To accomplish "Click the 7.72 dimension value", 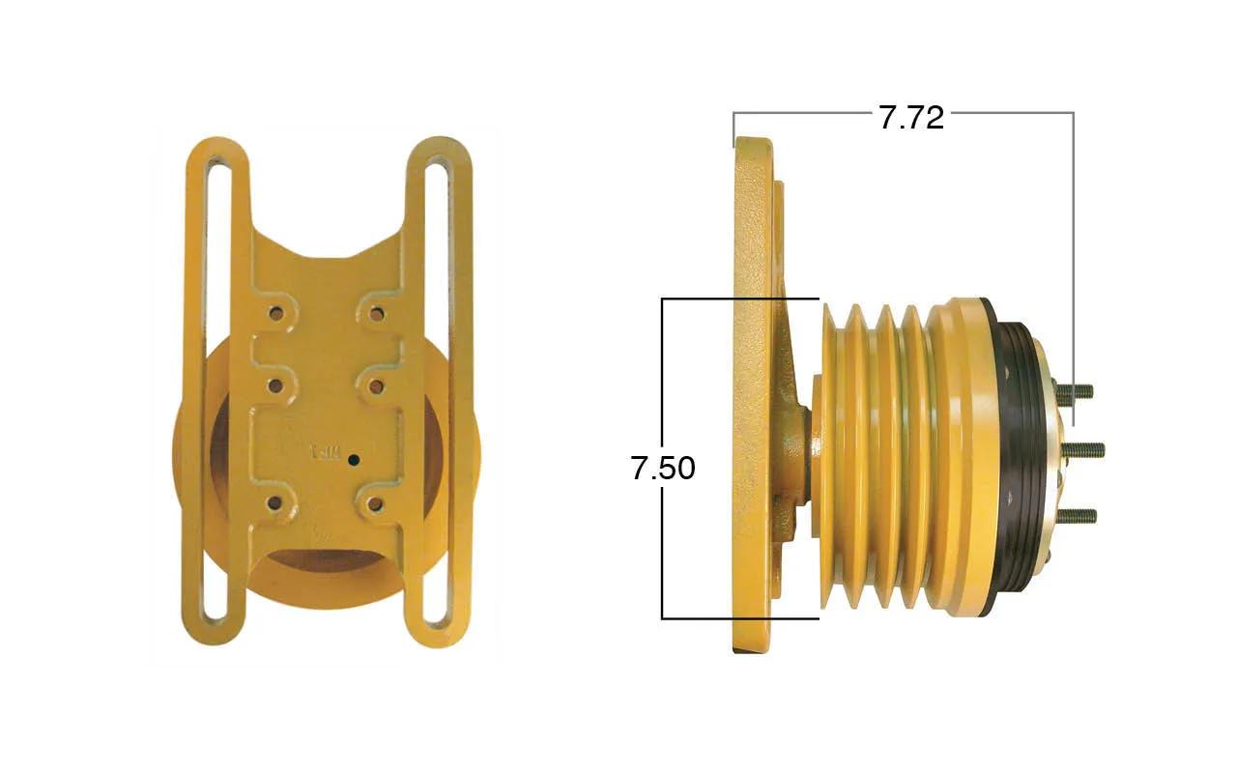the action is [x=911, y=118].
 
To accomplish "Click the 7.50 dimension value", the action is [x=663, y=469].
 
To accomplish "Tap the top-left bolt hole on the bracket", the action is [x=275, y=315].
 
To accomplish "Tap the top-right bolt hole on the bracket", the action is [x=376, y=315].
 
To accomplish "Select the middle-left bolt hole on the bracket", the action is [x=275, y=386].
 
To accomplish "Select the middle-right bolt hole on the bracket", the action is [x=376, y=386].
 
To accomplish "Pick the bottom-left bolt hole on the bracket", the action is [x=274, y=503].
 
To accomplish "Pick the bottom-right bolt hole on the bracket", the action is [x=375, y=503].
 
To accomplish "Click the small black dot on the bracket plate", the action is [x=354, y=459].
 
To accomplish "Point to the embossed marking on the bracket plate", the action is [x=325, y=453].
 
